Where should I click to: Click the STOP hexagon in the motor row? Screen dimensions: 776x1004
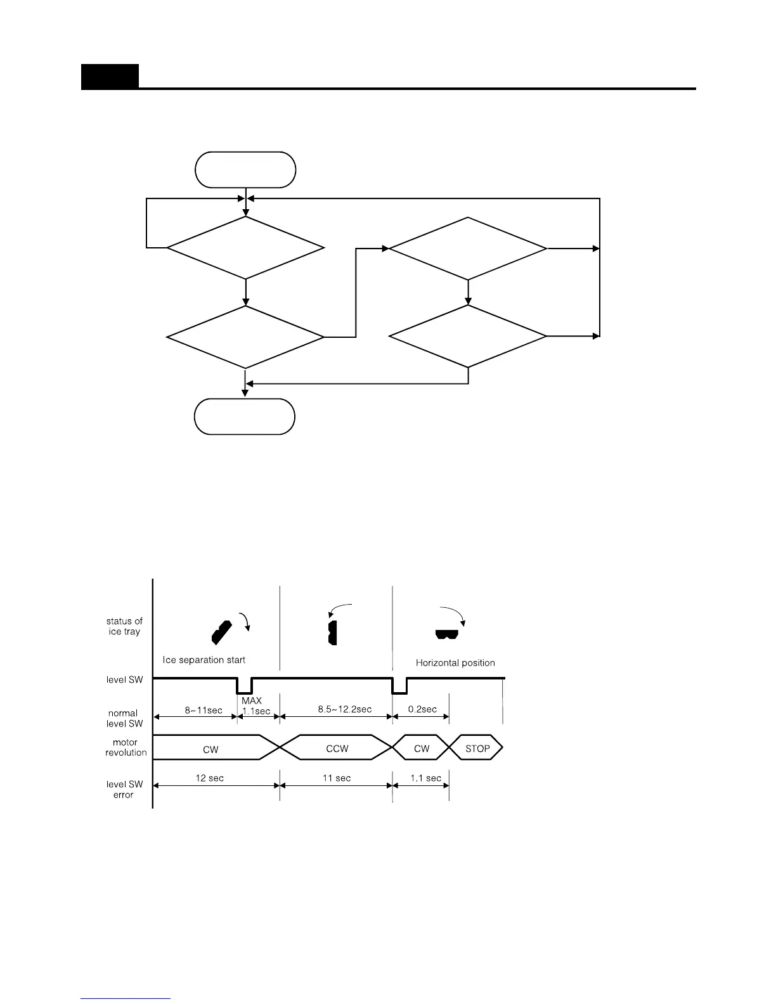pyautogui.click(x=477, y=749)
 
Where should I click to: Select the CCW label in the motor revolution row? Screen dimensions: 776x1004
pyautogui.click(x=337, y=749)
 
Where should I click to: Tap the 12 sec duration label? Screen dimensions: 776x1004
pyautogui.click(x=209, y=778)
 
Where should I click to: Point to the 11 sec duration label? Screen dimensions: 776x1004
pyautogui.click(x=336, y=778)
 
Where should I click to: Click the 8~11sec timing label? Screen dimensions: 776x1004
pyautogui.click(x=204, y=710)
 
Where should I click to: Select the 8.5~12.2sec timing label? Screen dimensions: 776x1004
pyautogui.click(x=345, y=709)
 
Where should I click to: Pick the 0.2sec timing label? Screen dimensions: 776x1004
pyautogui.click(x=422, y=709)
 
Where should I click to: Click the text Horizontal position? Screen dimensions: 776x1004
pyautogui.click(x=455, y=663)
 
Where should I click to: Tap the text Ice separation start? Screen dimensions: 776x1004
pyautogui.click(x=204, y=660)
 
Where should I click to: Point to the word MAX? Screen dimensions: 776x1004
pyautogui.click(x=252, y=701)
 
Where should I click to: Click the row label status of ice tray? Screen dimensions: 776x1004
pyautogui.click(x=124, y=626)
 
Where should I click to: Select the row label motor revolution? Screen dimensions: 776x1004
pyautogui.click(x=126, y=747)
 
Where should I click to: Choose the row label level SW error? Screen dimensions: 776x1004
pyautogui.click(x=124, y=789)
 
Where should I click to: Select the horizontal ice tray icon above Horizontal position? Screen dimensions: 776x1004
pyautogui.click(x=446, y=634)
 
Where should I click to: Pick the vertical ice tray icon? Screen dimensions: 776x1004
pyautogui.click(x=332, y=633)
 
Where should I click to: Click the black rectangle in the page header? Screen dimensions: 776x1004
pyautogui.click(x=110, y=77)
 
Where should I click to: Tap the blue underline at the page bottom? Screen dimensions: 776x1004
pyautogui.click(x=126, y=998)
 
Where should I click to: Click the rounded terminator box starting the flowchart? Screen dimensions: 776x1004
pyautogui.click(x=246, y=170)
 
